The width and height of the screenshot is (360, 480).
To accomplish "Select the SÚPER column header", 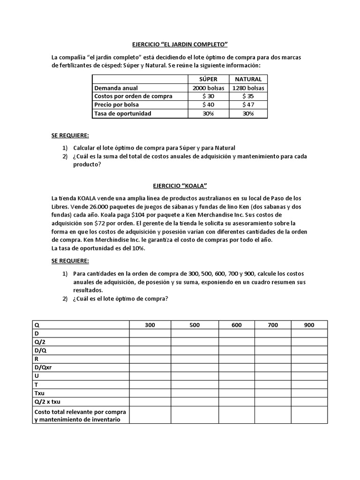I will tap(208, 79).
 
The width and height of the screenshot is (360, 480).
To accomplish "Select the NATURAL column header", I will tap(248, 79).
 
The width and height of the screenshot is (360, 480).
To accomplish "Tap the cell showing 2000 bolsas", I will tap(208, 88).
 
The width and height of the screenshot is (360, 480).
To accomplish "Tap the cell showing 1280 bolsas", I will tap(248, 88).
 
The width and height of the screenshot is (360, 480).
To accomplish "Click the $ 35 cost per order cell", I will tap(248, 96).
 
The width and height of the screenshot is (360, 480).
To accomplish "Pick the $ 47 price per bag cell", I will tap(248, 105).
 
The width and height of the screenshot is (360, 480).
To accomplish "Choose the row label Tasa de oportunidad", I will tap(123, 113).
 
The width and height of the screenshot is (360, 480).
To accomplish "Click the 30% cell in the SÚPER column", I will tap(208, 113).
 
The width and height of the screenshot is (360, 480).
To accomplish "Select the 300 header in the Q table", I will tap(150, 325).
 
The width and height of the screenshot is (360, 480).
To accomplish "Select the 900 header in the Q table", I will tap(309, 325).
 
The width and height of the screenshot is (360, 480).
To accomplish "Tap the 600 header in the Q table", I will tap(237, 325).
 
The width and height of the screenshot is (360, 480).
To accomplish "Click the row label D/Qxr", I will tap(43, 367).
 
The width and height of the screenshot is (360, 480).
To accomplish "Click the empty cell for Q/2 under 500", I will tap(195, 342).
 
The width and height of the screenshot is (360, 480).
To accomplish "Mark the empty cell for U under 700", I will tap(273, 376).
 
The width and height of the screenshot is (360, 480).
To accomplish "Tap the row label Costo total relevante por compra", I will tap(81, 412).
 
